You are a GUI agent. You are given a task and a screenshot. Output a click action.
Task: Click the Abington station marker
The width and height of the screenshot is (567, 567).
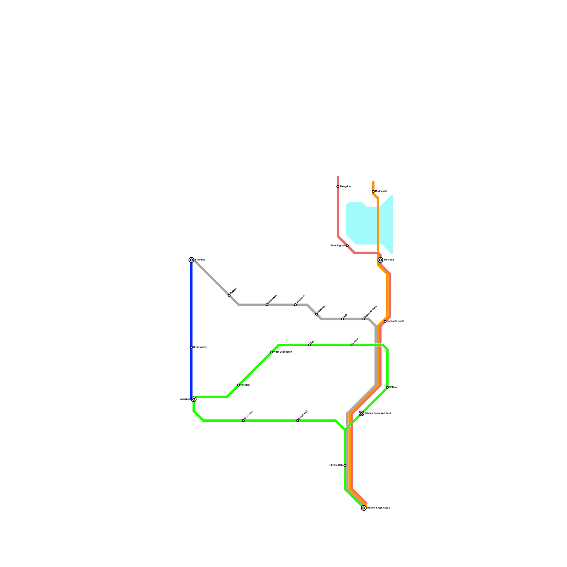338,186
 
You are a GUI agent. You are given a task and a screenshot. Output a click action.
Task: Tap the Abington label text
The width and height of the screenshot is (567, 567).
345,186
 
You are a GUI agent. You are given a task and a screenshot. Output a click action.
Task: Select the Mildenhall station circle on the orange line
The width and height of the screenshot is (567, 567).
373,191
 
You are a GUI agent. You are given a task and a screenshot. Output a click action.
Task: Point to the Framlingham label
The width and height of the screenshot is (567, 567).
338,246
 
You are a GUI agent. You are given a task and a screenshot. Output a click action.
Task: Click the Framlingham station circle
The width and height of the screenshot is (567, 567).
347,246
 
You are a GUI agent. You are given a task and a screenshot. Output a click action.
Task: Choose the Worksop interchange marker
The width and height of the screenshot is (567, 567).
380,260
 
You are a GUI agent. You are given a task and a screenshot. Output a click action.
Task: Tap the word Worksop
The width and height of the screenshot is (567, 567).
389,260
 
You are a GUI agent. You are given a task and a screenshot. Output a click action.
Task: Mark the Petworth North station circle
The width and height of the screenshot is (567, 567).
385,321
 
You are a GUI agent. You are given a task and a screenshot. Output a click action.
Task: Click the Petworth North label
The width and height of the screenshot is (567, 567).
395,321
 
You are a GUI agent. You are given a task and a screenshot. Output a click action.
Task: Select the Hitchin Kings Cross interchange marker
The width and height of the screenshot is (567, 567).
364,508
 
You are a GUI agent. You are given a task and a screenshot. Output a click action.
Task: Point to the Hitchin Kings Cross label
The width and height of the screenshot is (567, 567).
378,508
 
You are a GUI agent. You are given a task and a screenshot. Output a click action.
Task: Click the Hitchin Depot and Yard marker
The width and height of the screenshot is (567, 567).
361,413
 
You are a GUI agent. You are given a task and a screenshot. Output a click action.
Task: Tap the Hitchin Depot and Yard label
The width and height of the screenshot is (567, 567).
378,414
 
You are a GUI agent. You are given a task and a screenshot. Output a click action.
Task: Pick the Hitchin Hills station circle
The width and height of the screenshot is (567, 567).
345,465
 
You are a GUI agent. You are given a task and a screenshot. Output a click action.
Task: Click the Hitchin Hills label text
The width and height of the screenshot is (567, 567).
336,465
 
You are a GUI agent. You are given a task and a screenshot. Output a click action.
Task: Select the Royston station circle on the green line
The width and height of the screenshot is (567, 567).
238,385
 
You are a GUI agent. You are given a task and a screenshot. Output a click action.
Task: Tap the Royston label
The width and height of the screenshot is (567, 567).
245,385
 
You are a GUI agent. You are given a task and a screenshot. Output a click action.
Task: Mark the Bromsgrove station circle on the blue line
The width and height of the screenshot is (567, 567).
191,347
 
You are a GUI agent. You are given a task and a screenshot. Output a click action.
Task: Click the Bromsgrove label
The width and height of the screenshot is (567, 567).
200,347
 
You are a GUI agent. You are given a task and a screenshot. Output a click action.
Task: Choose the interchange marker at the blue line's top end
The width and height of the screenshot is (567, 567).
191,260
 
